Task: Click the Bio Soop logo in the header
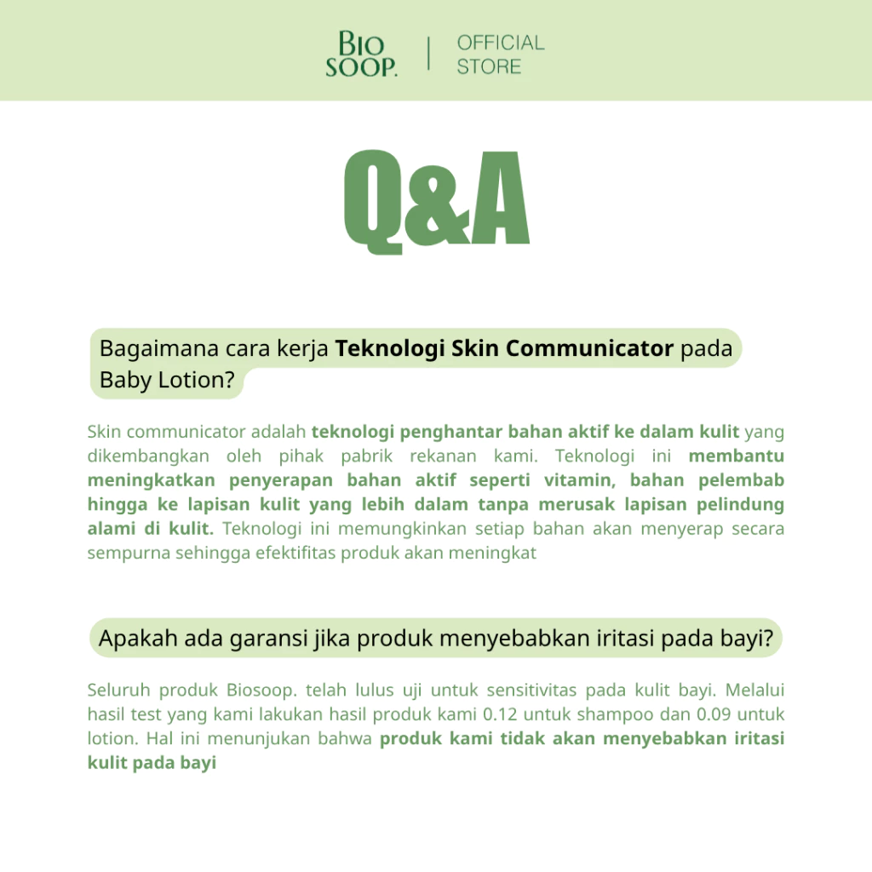click(x=361, y=54)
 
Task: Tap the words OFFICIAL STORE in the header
click(x=500, y=54)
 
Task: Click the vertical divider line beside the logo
click(x=428, y=54)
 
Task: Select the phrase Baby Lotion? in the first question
click(x=167, y=380)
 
